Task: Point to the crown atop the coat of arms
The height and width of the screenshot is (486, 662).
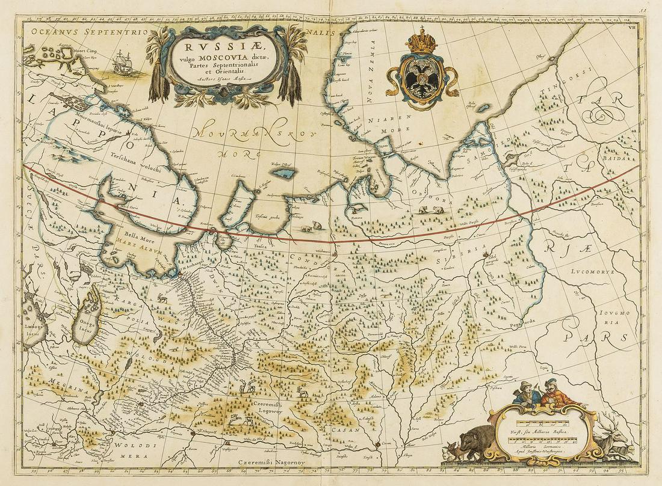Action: (422, 43)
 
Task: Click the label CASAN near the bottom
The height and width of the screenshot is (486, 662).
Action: (345, 430)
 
